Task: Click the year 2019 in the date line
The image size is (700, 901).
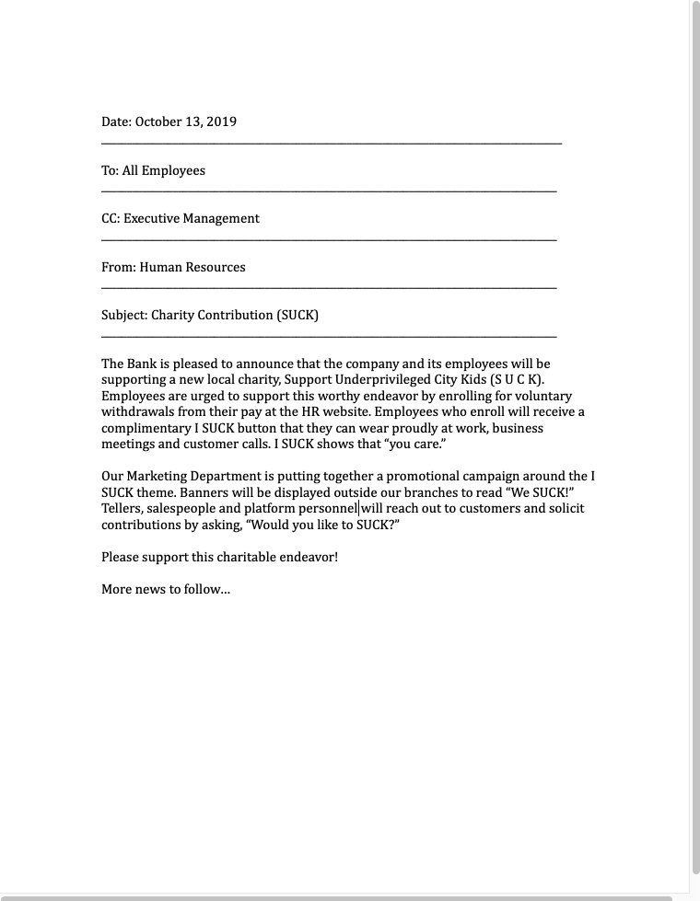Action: (x=222, y=121)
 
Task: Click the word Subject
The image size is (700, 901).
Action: (x=123, y=315)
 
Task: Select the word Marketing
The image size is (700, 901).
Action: (x=164, y=476)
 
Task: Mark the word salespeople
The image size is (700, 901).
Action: (x=181, y=508)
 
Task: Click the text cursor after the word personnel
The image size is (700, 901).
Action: (x=358, y=508)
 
